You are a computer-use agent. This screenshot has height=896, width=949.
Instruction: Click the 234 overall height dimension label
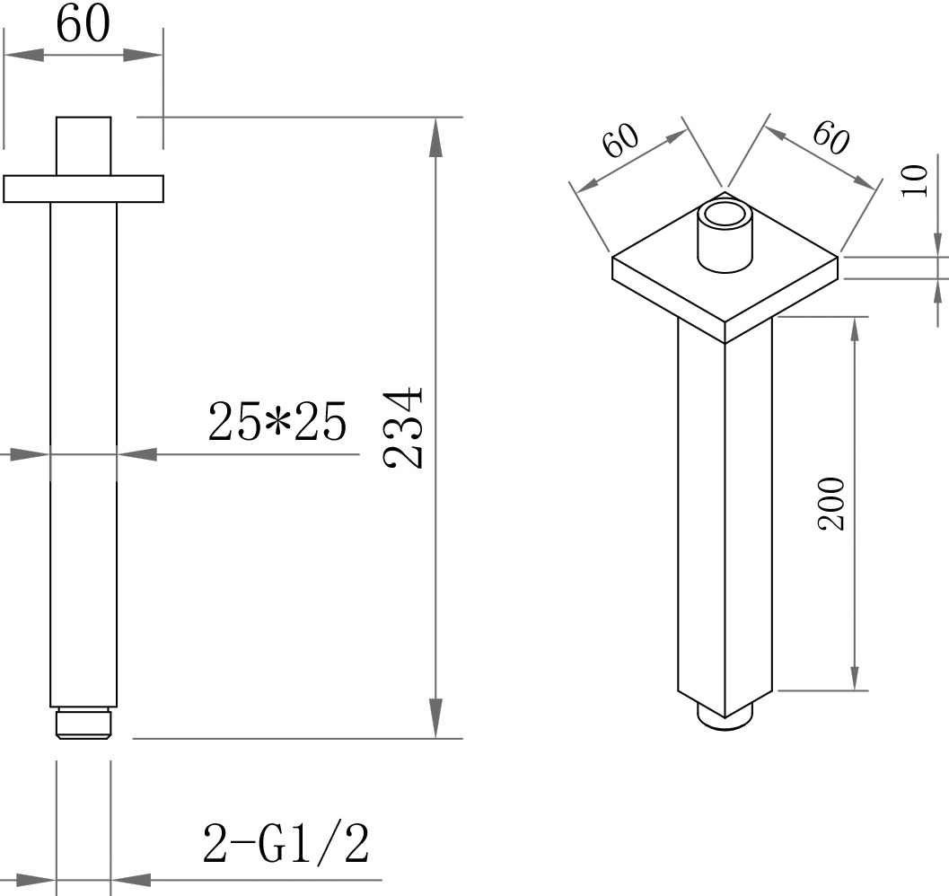point(402,427)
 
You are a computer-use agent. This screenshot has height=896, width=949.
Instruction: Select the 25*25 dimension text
point(277,421)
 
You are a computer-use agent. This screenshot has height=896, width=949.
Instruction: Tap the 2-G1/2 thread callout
point(286,843)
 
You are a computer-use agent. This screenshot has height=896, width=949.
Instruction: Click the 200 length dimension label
point(831,504)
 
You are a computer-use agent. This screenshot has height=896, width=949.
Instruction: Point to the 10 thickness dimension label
point(914,180)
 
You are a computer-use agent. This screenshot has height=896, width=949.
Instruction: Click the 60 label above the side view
point(83,24)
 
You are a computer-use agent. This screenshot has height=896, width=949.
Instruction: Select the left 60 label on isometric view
point(621,140)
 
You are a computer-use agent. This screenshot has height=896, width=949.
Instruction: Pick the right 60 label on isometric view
point(831,137)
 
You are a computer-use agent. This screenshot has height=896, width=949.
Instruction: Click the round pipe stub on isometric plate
point(725,237)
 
